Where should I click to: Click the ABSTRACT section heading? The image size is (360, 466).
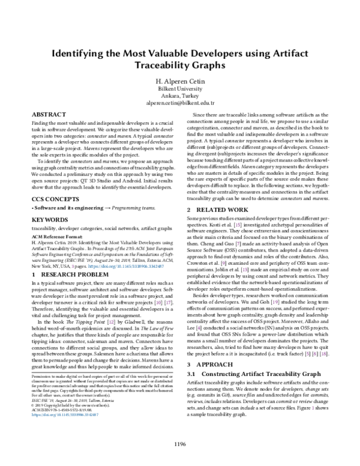click(48, 113)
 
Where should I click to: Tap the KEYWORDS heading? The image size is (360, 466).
click(50, 220)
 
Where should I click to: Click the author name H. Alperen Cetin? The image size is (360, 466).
click(179, 81)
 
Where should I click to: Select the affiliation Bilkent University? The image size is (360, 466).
click(179, 89)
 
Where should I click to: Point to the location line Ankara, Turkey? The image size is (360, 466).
click(179, 96)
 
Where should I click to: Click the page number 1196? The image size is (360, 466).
click(179, 444)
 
